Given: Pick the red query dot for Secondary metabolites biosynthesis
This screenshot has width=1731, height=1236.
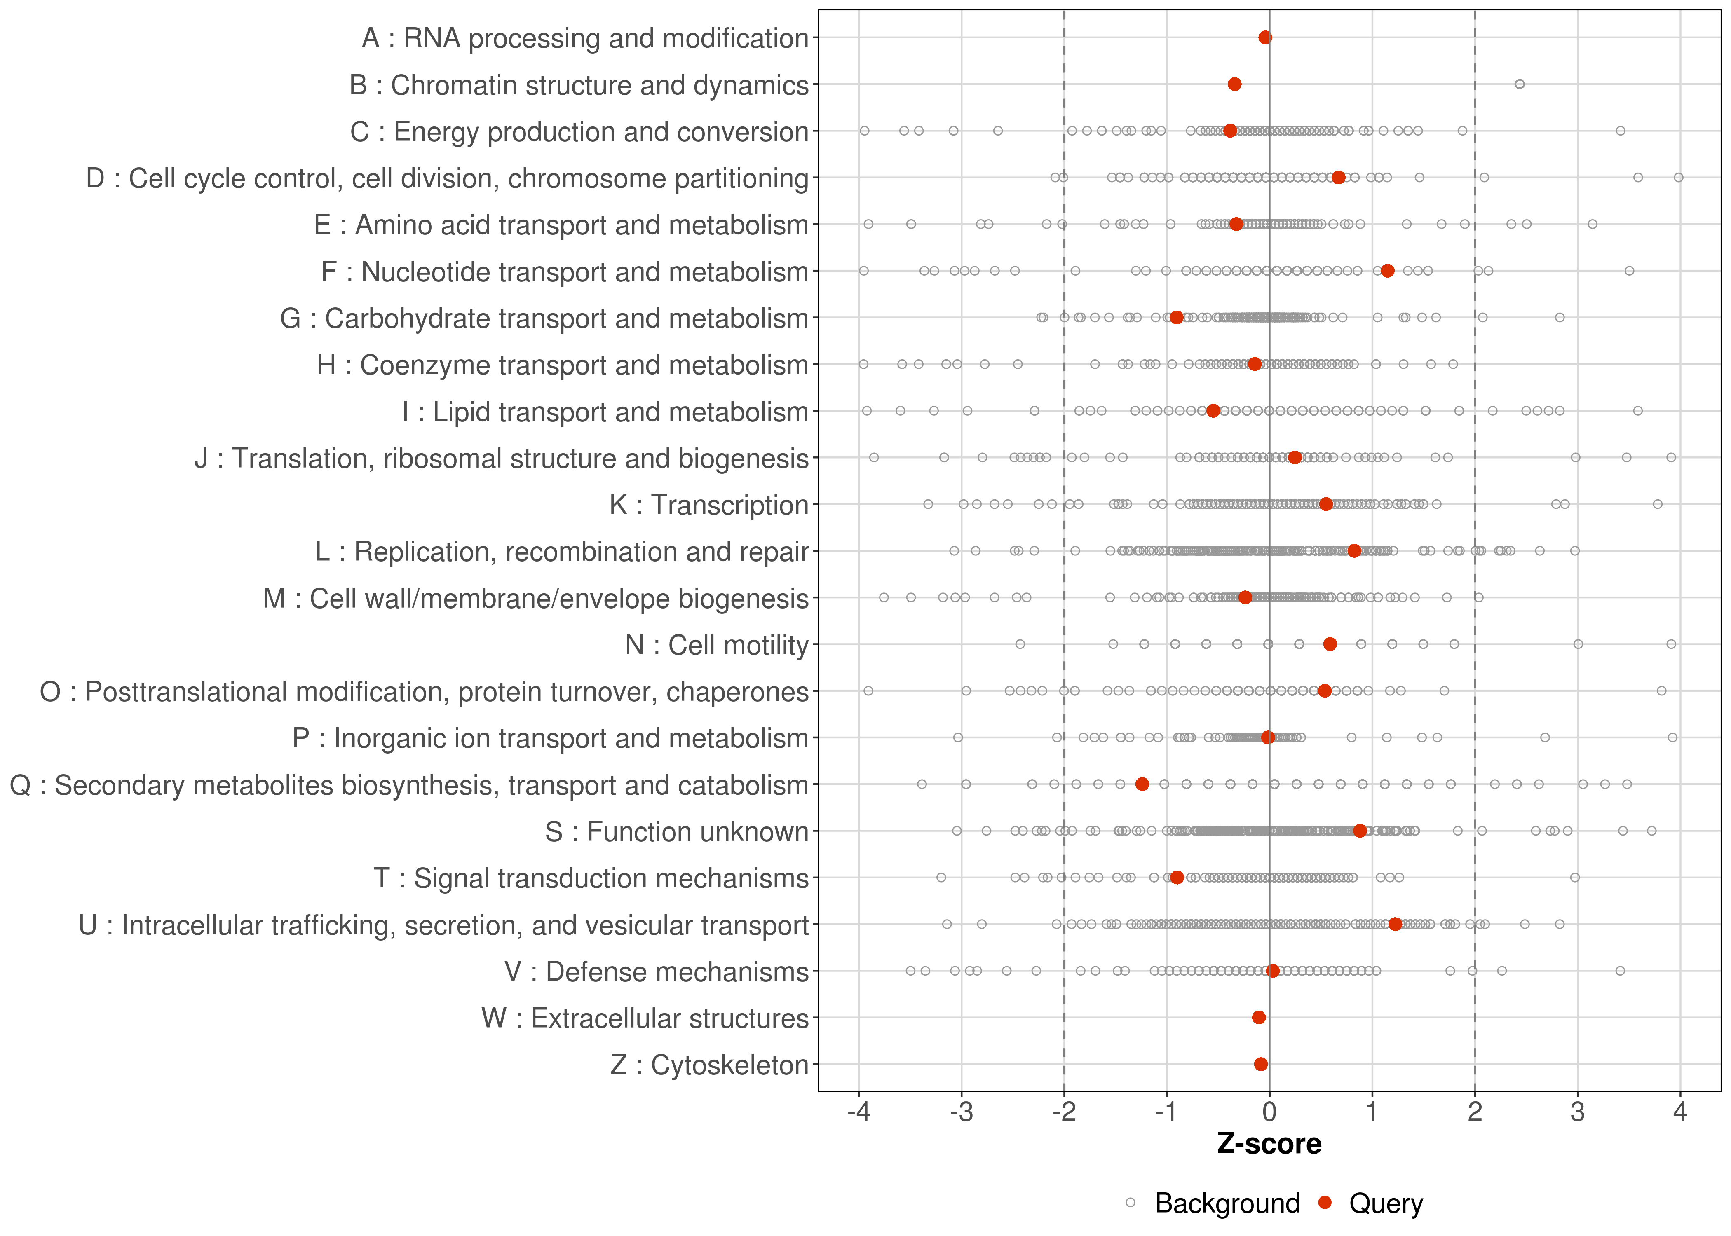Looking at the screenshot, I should tap(1142, 784).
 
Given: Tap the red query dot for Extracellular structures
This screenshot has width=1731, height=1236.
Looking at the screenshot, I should tap(1258, 1018).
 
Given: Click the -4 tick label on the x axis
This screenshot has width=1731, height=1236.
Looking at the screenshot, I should tap(858, 1112).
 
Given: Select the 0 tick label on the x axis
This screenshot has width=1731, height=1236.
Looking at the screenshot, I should tap(1269, 1112).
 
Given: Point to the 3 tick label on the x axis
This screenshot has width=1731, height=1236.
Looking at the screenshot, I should tap(1577, 1112).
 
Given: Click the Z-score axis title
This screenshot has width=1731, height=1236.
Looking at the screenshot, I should tap(1269, 1144).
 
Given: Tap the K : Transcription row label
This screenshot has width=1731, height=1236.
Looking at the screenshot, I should tap(709, 505).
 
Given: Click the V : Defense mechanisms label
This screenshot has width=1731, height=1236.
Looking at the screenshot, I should tap(656, 972).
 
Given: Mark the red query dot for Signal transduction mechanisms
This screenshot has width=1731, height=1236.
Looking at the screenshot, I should tap(1177, 878).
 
